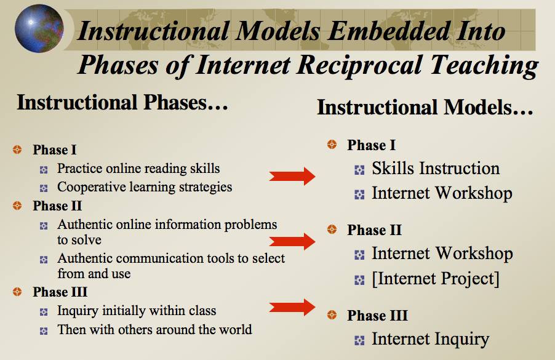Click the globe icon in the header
(39, 29)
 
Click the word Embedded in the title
(389, 31)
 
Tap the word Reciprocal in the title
(359, 65)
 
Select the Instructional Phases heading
(122, 103)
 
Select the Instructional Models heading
(425, 107)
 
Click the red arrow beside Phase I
(292, 176)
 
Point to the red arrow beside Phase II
(292, 241)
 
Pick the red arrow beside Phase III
(292, 307)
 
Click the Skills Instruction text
(436, 169)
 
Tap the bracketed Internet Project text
(436, 279)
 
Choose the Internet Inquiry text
(431, 339)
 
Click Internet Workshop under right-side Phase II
(442, 254)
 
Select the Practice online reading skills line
(138, 169)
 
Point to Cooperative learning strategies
(145, 187)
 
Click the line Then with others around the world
(154, 330)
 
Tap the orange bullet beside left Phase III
(17, 292)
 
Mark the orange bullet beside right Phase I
(332, 145)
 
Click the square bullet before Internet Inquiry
(359, 340)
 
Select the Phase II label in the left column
(57, 206)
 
